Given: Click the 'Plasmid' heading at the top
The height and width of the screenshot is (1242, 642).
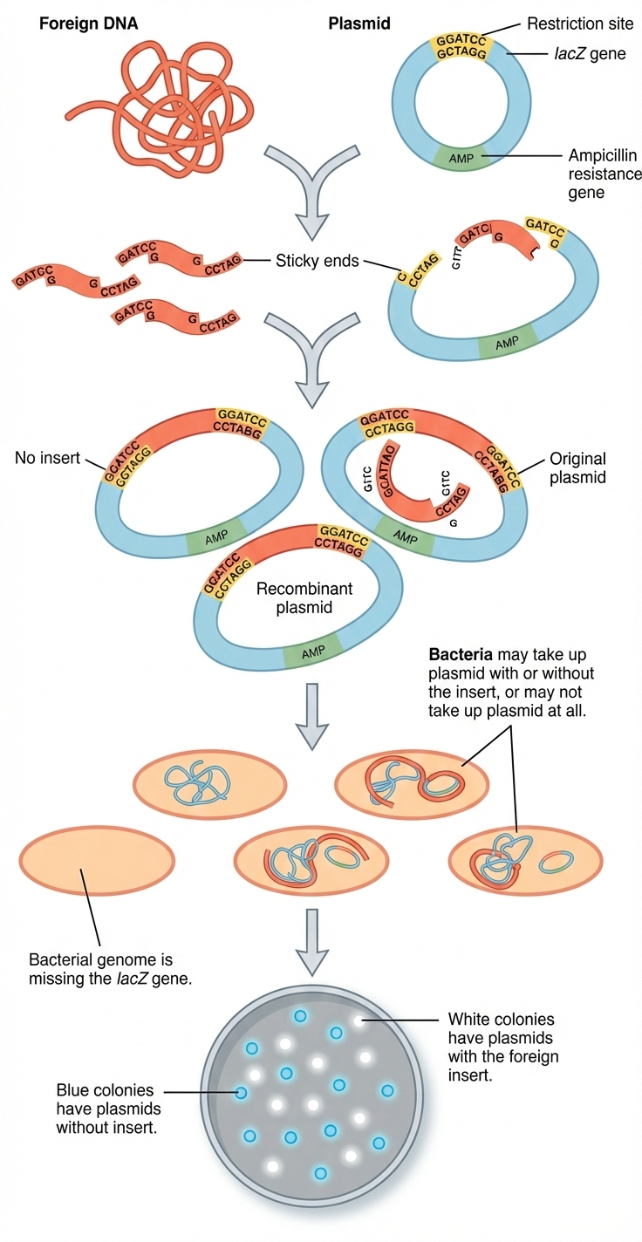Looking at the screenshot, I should pos(352,24).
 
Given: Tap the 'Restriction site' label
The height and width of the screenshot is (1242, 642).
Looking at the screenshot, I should pos(580,24).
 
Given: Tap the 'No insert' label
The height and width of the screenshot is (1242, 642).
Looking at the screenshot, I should pos(47,458).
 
